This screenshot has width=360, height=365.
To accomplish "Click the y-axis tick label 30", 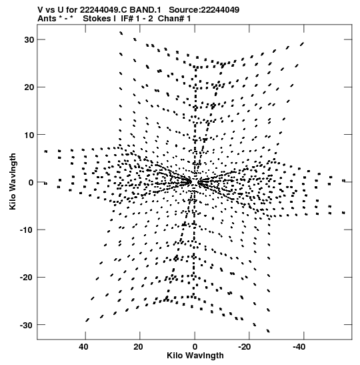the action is tap(29, 39).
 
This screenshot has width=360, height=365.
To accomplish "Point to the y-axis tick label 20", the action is tap(29, 87).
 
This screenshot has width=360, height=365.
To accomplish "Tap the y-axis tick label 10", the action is tap(29, 135).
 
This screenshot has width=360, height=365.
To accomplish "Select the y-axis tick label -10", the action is tap(27, 230).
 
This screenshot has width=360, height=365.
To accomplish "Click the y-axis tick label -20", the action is tap(27, 277).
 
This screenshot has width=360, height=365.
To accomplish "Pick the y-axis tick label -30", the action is tap(27, 325).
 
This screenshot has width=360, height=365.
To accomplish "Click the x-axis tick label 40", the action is tap(83, 347).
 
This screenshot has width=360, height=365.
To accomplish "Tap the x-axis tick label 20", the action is tap(138, 347).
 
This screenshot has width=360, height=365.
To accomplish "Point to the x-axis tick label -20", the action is tap(245, 347).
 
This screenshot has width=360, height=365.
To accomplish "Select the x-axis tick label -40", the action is tap(299, 347).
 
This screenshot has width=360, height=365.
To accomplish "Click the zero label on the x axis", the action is tap(195, 347).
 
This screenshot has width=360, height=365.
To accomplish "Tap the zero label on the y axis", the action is tap(31, 182).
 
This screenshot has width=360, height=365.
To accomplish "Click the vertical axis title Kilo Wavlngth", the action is tap(13, 181).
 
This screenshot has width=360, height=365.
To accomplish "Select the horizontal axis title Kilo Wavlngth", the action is tap(195, 356).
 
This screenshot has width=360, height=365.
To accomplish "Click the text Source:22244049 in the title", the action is tap(204, 10).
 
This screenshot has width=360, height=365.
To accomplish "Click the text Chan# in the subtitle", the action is tap(171, 19).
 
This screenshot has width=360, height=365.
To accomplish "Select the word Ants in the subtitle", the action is tap(47, 19).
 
